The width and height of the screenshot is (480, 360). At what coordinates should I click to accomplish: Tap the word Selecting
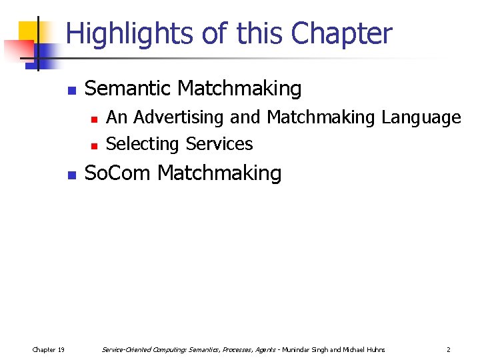(x=143, y=144)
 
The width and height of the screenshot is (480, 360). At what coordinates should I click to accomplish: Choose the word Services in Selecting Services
(x=219, y=144)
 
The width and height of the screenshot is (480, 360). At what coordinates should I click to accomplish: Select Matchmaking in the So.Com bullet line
(x=219, y=173)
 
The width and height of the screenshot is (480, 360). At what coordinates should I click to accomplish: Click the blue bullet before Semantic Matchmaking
(x=73, y=90)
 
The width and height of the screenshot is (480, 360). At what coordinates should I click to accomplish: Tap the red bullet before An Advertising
(x=94, y=119)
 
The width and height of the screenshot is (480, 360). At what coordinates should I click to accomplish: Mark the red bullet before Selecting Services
(x=94, y=145)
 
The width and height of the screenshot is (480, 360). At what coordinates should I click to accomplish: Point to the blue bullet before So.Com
(x=73, y=175)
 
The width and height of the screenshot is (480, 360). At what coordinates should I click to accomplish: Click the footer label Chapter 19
(x=49, y=349)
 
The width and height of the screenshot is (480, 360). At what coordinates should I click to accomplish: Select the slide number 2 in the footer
(x=448, y=349)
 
